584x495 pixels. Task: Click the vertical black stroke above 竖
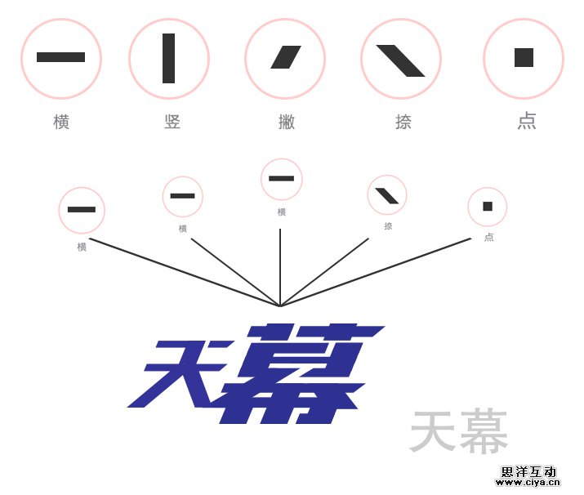(168, 58)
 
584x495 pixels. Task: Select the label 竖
(172, 122)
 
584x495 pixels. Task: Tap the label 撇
(286, 122)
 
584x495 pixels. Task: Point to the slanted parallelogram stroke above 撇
(286, 57)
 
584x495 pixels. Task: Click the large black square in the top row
(524, 57)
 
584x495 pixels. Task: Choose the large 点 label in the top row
(527, 121)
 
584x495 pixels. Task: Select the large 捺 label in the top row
(403, 122)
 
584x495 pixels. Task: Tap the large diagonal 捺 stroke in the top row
(400, 60)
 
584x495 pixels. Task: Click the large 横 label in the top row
(61, 122)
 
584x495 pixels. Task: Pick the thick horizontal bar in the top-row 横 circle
(60, 57)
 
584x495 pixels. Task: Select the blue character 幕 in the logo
(298, 373)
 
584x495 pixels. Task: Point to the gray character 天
(433, 432)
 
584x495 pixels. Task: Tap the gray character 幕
(484, 432)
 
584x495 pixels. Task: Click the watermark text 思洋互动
(528, 471)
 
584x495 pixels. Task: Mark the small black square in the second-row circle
(488, 206)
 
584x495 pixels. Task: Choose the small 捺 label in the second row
(388, 226)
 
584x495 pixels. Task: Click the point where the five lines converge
(280, 306)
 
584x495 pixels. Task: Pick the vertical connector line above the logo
(280, 265)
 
